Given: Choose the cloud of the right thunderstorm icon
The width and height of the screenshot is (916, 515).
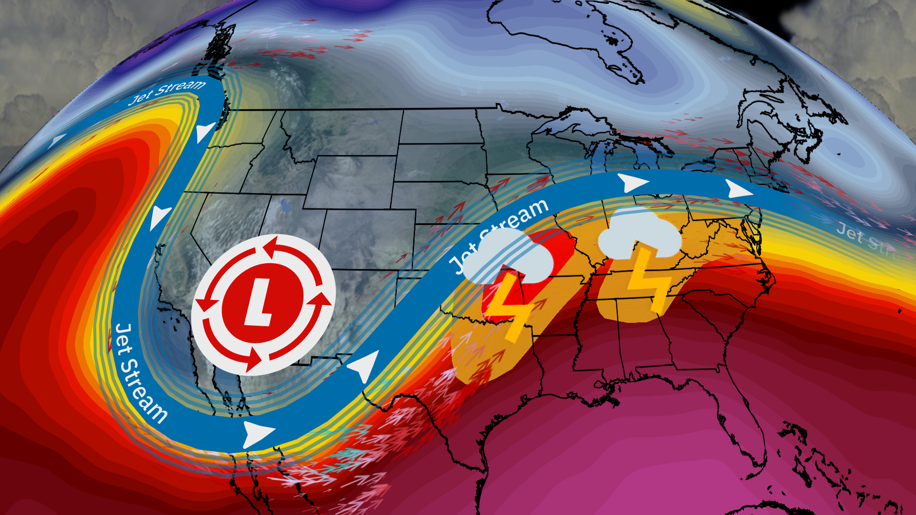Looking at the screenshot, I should pos(639,234).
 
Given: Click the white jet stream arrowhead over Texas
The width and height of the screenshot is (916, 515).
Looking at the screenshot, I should pos(365,365).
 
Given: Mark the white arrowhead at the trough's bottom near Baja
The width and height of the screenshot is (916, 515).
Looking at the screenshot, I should pos(258,433).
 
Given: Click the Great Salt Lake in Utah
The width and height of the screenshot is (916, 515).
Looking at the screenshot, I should pos(286,206).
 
